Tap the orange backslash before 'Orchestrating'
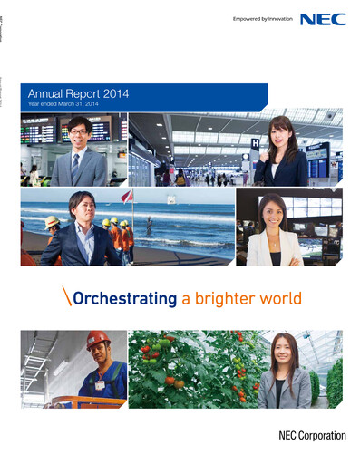67,297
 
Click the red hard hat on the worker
97,340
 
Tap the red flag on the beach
128,196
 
